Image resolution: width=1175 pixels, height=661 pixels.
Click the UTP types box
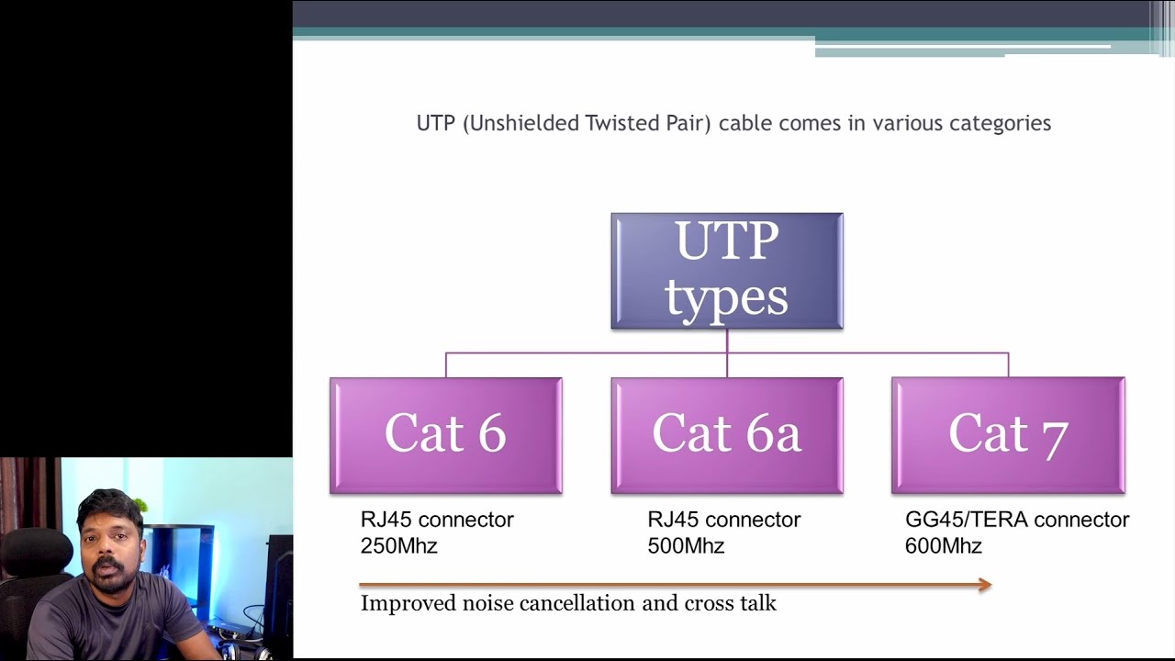[727, 271]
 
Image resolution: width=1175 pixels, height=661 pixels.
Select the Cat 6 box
[446, 435]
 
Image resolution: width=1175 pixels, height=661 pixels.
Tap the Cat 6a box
[727, 435]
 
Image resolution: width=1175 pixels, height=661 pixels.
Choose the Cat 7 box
[1008, 435]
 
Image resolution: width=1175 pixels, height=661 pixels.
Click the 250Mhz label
[398, 546]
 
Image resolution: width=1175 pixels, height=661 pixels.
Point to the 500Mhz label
[686, 546]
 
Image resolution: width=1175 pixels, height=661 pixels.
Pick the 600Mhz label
[944, 546]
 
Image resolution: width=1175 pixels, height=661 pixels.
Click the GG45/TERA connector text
[1017, 520]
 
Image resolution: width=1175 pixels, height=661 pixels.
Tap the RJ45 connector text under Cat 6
[437, 520]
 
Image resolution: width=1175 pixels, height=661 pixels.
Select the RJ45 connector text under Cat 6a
[724, 520]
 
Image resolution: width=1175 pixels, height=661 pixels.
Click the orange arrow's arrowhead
[985, 585]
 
